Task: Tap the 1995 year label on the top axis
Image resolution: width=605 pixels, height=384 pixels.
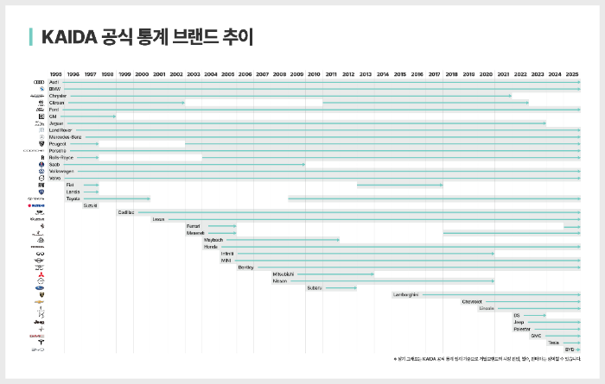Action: click(55, 75)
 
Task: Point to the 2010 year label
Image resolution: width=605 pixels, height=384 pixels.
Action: click(313, 75)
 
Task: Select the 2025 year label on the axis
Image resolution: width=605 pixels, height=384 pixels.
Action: click(572, 75)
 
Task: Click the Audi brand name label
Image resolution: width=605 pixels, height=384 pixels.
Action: click(54, 82)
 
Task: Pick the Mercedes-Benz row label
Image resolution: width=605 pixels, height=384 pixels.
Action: click(66, 137)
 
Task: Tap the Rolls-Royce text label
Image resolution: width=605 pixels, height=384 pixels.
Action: click(61, 158)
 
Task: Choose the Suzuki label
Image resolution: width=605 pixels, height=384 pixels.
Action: click(90, 205)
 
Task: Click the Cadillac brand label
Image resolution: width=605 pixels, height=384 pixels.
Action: click(126, 212)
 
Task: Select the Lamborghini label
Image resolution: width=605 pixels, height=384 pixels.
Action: click(405, 295)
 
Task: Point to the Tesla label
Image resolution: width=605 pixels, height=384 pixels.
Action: click(553, 343)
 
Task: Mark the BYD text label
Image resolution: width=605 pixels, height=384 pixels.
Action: click(569, 349)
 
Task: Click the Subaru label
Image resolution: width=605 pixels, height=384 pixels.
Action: click(314, 288)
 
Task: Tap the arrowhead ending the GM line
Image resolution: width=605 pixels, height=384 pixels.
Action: click(114, 116)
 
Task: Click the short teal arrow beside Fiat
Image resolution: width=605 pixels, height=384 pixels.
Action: click(91, 185)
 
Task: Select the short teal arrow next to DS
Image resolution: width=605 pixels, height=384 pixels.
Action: click(534, 316)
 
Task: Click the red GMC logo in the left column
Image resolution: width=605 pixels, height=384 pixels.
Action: click(35, 336)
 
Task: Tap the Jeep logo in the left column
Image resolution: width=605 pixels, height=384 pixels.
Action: click(35, 322)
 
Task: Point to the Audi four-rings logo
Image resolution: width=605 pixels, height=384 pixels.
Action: click(35, 82)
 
